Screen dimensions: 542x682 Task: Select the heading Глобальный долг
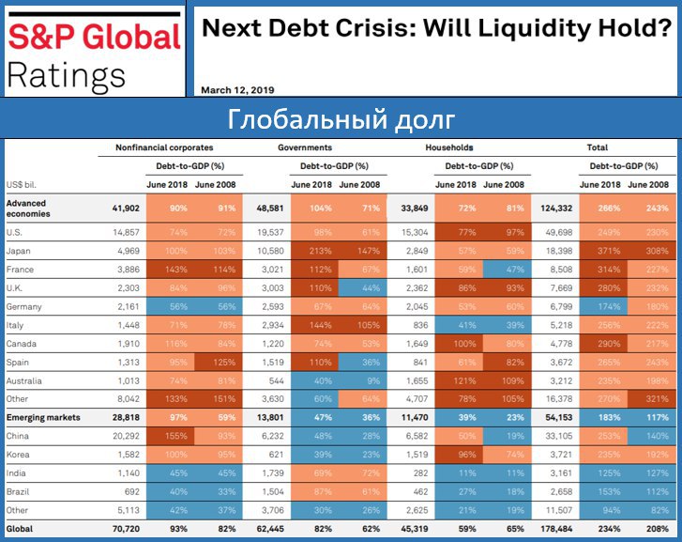[x=341, y=120]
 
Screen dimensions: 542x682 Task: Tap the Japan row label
[x=19, y=251]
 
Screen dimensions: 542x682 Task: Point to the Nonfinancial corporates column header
[x=164, y=147]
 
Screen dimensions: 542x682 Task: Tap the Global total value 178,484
[x=558, y=529]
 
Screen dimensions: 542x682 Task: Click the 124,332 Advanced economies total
[x=558, y=208]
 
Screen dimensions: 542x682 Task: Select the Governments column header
[x=305, y=147]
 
